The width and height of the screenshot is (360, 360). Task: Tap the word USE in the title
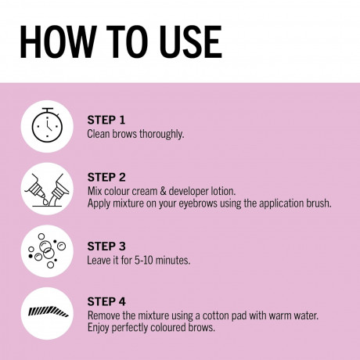pos(191,41)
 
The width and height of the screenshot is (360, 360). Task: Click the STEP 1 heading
pos(106,120)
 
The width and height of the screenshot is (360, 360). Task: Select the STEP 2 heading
pos(106,178)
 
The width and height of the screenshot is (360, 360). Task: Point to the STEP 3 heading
pos(106,247)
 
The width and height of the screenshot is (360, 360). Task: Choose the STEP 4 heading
pos(106,301)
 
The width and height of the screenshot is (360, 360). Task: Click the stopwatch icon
pos(47,125)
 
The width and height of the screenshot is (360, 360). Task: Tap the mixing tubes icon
pos(47,190)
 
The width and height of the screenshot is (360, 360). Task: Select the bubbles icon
pos(47,250)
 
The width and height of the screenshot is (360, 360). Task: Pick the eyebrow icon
pos(49,312)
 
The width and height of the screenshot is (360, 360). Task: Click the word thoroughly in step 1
pos(161,135)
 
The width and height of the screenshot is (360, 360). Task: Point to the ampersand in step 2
pos(163,191)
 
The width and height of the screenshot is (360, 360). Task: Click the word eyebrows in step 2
pos(198,203)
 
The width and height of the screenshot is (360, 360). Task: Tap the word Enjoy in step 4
pos(98,328)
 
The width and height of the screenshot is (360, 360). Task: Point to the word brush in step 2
pos(319,203)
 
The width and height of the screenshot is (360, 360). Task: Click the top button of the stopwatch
pos(48,110)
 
